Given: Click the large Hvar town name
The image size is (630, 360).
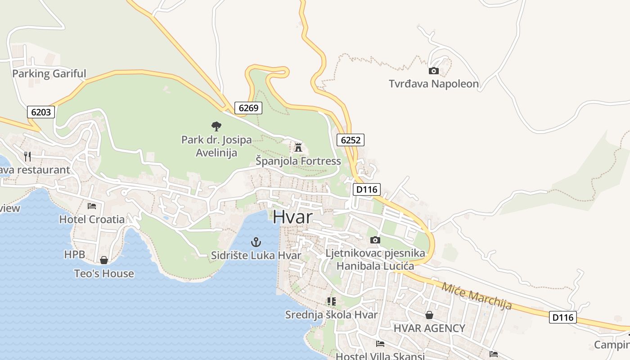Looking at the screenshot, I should [292, 217].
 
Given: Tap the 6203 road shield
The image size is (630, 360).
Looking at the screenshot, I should [41, 112].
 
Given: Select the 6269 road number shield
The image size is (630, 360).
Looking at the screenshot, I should [248, 108].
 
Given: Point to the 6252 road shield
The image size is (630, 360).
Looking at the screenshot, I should [351, 140].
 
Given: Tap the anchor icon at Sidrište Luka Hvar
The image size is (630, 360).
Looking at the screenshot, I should [256, 243].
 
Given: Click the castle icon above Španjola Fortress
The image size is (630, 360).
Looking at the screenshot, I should [298, 147].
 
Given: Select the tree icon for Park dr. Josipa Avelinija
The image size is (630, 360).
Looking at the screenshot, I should [216, 126].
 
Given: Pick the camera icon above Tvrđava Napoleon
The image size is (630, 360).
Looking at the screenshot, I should [434, 71].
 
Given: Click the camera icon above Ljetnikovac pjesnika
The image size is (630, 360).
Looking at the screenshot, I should [375, 240].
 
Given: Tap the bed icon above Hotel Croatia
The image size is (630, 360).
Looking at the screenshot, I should [92, 206].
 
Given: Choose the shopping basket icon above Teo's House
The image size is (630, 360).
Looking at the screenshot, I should [104, 260].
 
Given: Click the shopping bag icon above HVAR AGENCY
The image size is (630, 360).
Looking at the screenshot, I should [429, 315].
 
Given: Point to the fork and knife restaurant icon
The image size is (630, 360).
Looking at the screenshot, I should [28, 156].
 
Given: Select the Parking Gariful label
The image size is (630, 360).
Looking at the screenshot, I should [49, 74].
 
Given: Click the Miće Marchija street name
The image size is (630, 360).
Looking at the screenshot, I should [477, 296].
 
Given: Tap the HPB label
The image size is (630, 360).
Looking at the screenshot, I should [74, 255].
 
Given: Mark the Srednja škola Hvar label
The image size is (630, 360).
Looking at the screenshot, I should [331, 315].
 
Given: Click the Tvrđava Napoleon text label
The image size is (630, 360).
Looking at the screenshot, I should [434, 84].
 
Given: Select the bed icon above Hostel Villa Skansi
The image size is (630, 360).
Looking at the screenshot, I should [380, 344].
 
